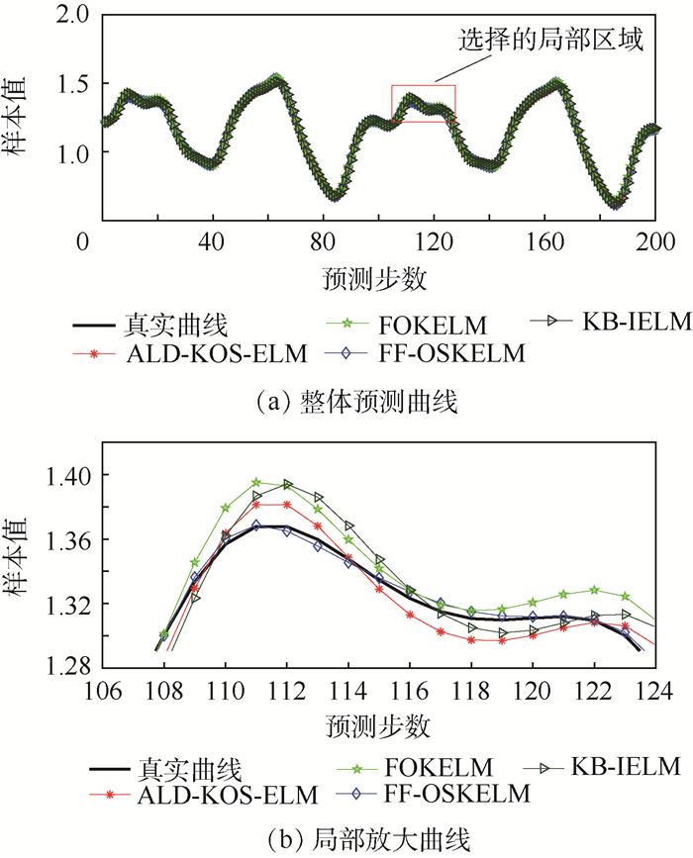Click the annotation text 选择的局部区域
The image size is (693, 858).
pos(550,41)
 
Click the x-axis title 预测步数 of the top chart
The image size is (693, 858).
pos(374,278)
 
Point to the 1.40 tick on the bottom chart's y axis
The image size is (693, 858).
pos(66,476)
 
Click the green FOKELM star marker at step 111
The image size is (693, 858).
pos(256,482)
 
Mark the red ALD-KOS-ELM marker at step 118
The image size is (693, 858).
pos(471,639)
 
